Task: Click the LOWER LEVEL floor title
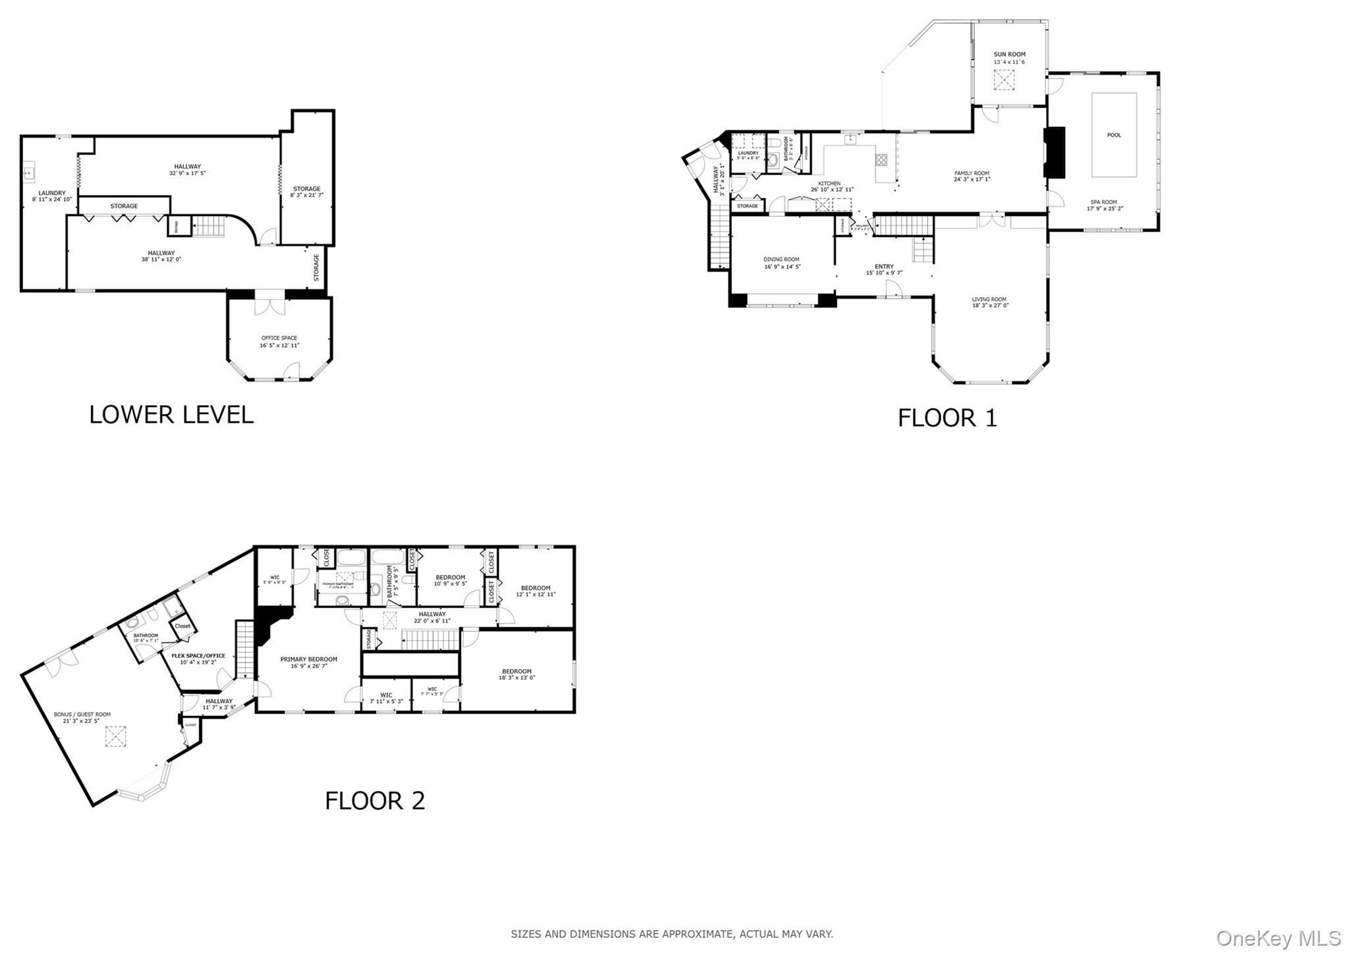[171, 414]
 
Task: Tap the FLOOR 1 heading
[947, 418]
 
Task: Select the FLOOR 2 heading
[375, 800]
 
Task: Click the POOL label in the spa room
[1114, 135]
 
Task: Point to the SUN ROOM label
[1009, 55]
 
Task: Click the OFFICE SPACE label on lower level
[279, 338]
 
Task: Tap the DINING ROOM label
[782, 259]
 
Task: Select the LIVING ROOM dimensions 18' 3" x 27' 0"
[989, 306]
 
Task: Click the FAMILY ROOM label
[972, 173]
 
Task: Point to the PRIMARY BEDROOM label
[308, 659]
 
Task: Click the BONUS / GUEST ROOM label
[82, 714]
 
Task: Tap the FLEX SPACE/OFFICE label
[198, 655]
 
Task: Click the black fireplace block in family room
[1055, 151]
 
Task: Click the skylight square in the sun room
[1005, 81]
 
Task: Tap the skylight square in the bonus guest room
[116, 737]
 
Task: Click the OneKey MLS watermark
[1278, 938]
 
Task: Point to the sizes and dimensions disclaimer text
[672, 934]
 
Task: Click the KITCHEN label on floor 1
[829, 183]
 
